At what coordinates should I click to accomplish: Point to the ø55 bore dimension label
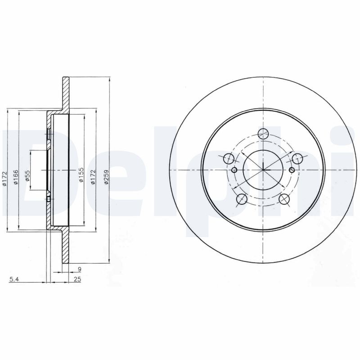(27, 175)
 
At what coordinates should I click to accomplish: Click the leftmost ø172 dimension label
(5, 178)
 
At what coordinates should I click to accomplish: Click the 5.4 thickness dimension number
(14, 280)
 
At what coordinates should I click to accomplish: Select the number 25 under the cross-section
(77, 280)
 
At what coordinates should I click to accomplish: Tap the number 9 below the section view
(79, 270)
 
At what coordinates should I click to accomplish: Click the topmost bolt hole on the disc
(263, 133)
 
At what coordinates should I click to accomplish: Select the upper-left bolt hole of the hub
(229, 158)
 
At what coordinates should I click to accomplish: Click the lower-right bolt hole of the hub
(284, 198)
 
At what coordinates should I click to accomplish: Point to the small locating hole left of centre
(234, 170)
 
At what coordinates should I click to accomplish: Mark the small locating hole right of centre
(292, 170)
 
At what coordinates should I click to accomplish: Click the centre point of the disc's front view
(263, 170)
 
